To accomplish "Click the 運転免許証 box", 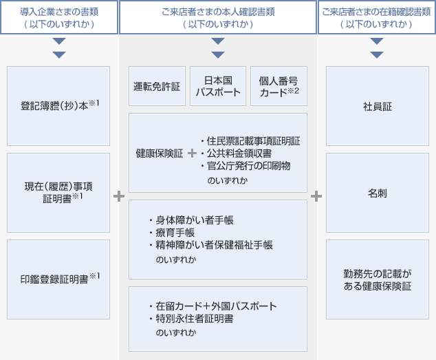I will pos(156,87).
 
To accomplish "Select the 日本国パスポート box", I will pos(218,87).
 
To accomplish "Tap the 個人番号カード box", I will pos(279,87).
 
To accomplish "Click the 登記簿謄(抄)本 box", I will pos(58,106).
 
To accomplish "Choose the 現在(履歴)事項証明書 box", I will pos(58,193).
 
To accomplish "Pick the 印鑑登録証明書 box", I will pos(58,279).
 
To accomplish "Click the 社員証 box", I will pos(377,106).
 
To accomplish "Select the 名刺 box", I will pos(377,193).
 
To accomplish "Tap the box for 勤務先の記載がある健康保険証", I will pos(377,279).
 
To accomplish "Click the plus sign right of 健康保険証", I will pos(192,153).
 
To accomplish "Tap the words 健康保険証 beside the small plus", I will pos(158,153).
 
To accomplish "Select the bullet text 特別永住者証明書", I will pos(195,319).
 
